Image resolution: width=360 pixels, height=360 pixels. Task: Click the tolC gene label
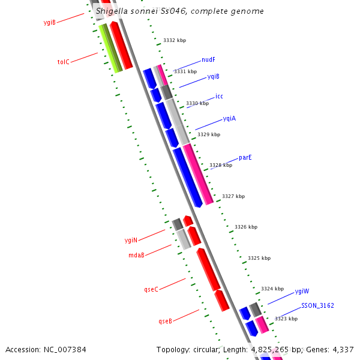coord(63,62)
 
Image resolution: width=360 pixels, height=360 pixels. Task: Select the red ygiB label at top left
coord(50,23)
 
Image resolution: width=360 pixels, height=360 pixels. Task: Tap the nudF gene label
coord(208,60)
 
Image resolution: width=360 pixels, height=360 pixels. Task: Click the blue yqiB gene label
coord(213,77)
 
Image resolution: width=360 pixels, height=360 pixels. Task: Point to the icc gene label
coord(219,96)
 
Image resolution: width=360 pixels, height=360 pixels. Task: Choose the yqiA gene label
coord(229,118)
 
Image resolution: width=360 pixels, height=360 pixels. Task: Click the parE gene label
coord(245,157)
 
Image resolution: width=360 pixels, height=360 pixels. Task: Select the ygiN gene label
coord(131,240)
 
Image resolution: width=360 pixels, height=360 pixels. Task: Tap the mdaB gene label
coord(136,255)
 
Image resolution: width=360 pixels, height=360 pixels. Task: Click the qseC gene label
coord(151,289)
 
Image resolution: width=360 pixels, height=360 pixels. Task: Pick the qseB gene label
coord(165,321)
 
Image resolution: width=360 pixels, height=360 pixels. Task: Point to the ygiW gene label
coord(302,292)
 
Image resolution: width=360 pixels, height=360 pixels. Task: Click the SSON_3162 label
coord(317,305)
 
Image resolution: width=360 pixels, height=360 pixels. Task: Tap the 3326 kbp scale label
coord(246,227)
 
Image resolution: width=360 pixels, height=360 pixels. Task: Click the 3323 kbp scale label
coord(286,319)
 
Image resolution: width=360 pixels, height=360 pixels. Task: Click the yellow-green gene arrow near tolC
coord(110,49)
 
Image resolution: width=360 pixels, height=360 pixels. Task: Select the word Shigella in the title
coord(113,11)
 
